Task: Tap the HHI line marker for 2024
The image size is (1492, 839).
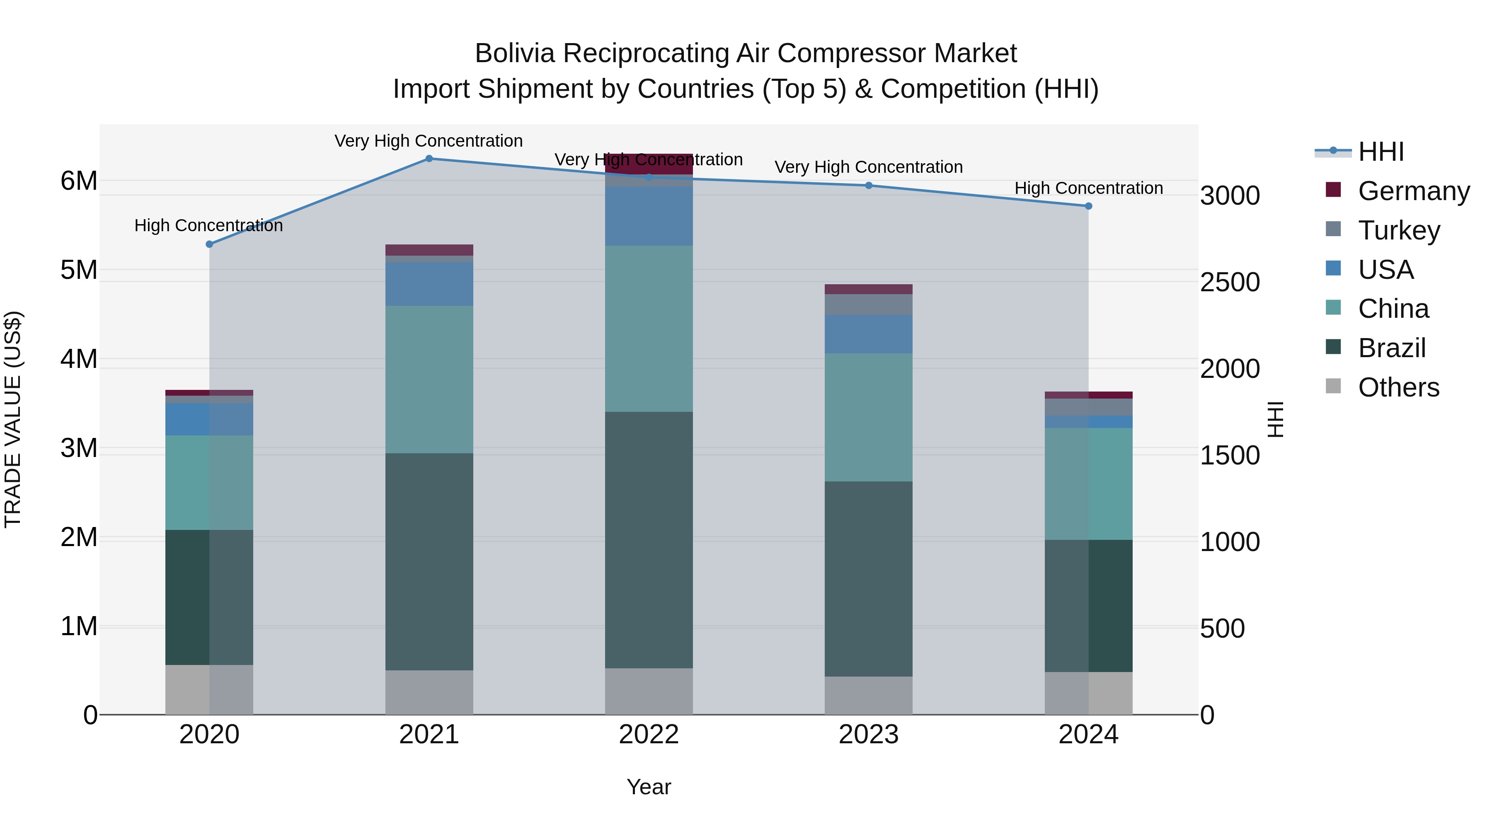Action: pyautogui.click(x=1088, y=206)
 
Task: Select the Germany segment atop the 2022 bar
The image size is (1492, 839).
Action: pyautogui.click(x=649, y=164)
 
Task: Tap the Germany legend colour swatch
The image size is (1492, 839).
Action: pyautogui.click(x=1333, y=190)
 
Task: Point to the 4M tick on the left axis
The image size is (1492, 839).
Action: pyautogui.click(x=79, y=359)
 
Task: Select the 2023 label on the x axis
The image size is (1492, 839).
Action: pyautogui.click(x=868, y=735)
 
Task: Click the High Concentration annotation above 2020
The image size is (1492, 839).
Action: pyautogui.click(x=208, y=225)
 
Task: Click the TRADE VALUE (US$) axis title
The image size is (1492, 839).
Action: pyautogui.click(x=13, y=419)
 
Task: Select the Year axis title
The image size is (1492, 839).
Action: pyautogui.click(x=649, y=787)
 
